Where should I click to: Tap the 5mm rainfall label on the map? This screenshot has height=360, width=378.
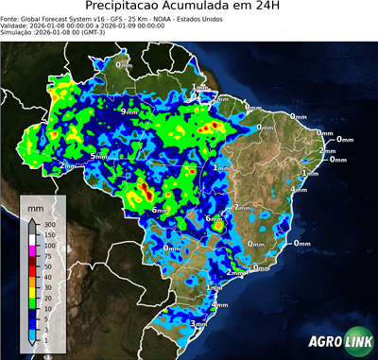tap(99, 155)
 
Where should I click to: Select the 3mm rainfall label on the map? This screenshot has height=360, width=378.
tap(199, 324)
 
